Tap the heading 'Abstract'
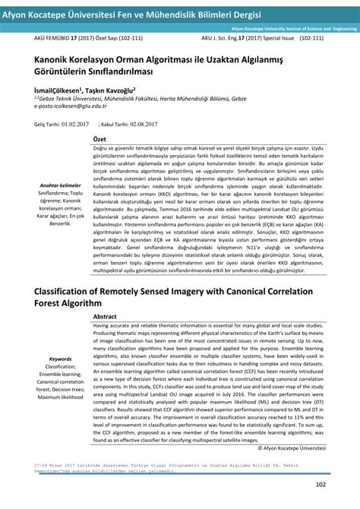coord(105,316)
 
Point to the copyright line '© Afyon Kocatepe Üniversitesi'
coord(301,448)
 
